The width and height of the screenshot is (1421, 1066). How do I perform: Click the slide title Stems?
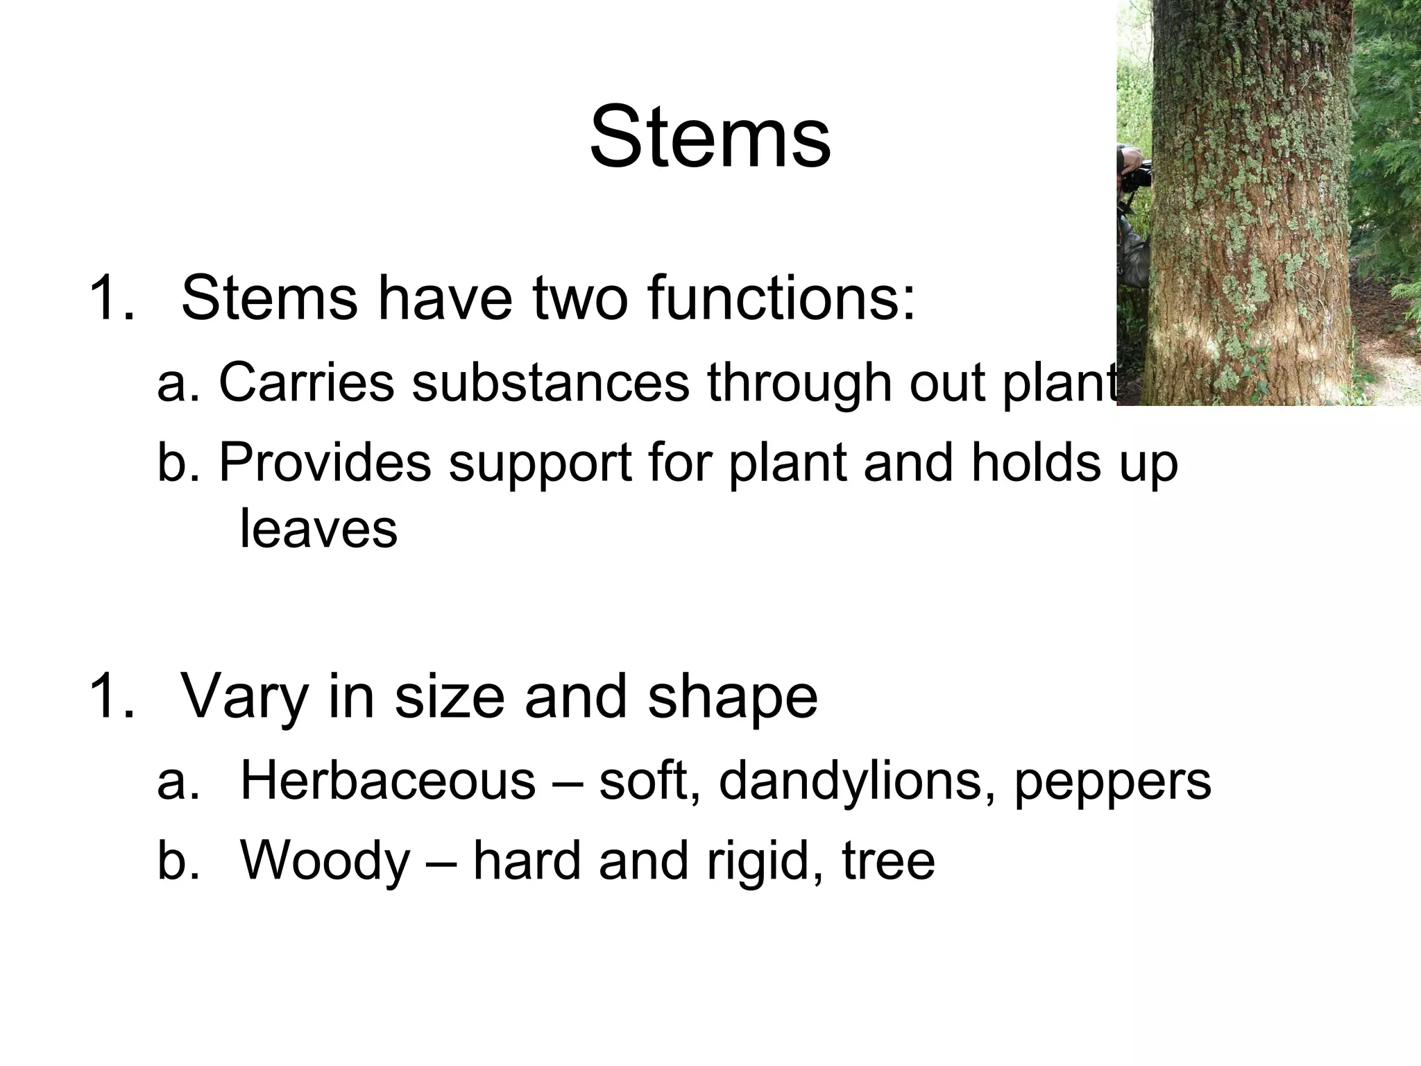710,137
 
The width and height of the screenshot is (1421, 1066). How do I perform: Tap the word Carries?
306,382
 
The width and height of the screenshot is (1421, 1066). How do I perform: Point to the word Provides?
325,462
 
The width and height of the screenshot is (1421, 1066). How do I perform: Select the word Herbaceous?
388,780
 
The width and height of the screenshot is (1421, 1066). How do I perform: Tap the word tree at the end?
889,861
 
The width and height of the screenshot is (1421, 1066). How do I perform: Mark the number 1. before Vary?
111,697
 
